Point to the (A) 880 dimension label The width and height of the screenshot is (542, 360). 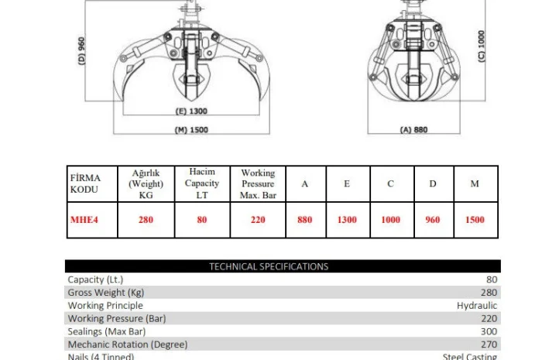pos(415,130)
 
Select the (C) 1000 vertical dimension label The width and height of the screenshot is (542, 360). pos(481,46)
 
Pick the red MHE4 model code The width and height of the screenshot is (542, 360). pos(84,220)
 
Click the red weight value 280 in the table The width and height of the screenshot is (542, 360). pos(146,220)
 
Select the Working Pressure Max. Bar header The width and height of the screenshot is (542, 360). pos(258,184)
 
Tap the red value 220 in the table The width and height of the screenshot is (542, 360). pos(258,220)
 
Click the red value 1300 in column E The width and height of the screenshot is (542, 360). pos(347,220)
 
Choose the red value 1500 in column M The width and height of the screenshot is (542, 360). pos(475,220)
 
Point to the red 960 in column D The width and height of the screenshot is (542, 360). pos(433,220)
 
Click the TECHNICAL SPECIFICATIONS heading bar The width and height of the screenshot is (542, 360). pos(269,266)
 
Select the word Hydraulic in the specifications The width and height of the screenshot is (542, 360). pos(477,306)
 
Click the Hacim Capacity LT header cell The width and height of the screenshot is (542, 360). pos(201,183)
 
